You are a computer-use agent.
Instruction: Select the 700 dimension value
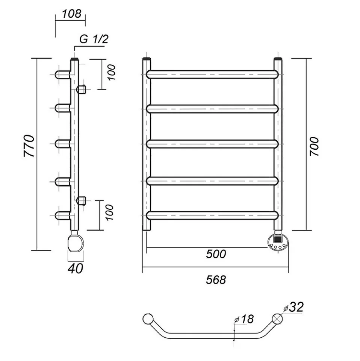coord(315,147)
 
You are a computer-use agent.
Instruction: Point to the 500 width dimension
coord(216,254)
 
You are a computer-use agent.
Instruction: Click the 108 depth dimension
coord(71,14)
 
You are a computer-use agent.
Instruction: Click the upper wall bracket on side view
coord(81,89)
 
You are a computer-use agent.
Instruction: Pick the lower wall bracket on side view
coord(81,200)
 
